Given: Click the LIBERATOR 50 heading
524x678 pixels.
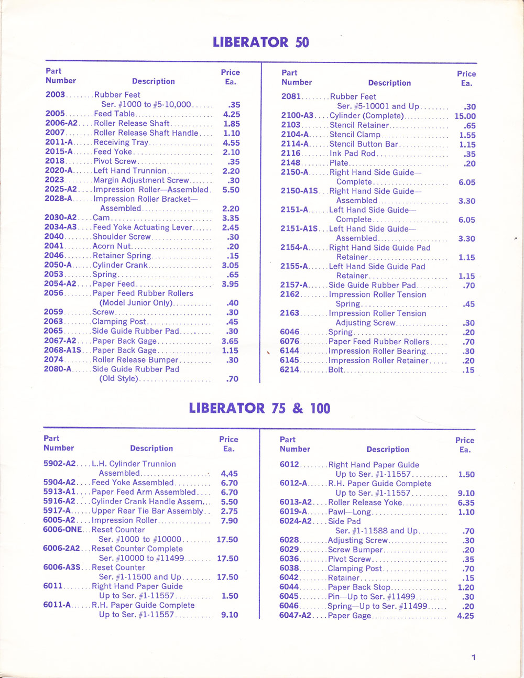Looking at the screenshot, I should (260, 42).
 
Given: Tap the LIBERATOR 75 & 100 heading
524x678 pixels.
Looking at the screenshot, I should (259, 408).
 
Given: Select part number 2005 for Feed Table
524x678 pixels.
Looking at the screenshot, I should (55, 114).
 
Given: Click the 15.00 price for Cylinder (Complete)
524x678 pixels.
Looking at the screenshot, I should (465, 116).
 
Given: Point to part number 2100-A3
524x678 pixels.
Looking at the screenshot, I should (297, 116).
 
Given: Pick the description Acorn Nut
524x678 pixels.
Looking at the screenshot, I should (112, 246).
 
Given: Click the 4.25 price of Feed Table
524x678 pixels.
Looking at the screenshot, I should (231, 114).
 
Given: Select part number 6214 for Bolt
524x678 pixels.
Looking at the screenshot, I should (290, 370).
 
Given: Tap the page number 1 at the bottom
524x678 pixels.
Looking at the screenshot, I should (474, 658).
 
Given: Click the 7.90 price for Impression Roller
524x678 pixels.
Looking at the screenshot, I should (229, 521).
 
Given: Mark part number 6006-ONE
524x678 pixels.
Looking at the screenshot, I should (62, 530).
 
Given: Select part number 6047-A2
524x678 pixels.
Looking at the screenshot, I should (295, 616).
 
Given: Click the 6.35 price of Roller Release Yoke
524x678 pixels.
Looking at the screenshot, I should (466, 502).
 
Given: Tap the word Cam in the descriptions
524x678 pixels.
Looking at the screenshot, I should (101, 218).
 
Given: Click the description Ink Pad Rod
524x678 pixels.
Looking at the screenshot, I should (352, 154).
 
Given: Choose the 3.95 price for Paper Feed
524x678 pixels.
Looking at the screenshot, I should (230, 284).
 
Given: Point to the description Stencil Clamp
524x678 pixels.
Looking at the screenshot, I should (355, 135).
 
